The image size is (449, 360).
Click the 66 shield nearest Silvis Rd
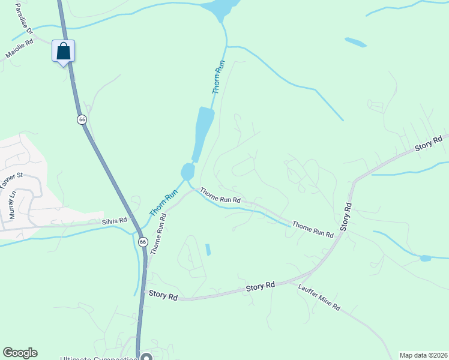pyautogui.click(x=142, y=241)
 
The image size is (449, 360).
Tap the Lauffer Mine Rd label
pyautogui.click(x=319, y=297)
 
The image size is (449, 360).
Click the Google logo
pyautogui.click(x=20, y=353)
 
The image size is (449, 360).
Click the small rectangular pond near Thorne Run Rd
pyautogui.click(x=208, y=250)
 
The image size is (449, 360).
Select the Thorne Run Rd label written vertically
pyautogui.click(x=158, y=233)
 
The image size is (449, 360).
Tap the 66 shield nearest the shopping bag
pyautogui.click(x=82, y=119)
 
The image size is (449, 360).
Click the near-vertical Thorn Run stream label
pyautogui.click(x=219, y=77)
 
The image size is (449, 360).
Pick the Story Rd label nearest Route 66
pyautogui.click(x=163, y=296)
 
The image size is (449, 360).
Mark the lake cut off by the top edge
pyautogui.click(x=220, y=7)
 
